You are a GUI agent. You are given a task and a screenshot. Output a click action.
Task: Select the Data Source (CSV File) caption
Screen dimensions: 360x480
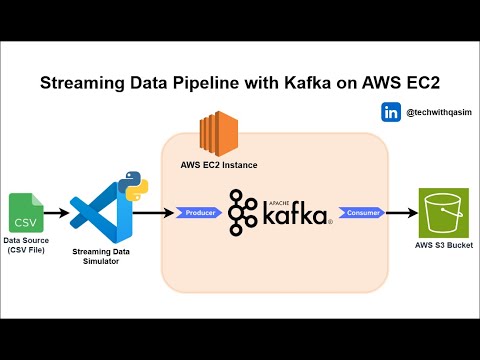pos(27,246)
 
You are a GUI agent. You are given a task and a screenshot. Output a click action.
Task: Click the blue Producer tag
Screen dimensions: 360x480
pos(200,213)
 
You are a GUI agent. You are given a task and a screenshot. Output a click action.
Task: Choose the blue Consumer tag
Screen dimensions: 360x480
pos(358,213)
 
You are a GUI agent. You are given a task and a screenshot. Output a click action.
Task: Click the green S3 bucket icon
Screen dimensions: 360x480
pos(445,211)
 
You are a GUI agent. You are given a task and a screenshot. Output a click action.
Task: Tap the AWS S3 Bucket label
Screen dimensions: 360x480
pos(445,245)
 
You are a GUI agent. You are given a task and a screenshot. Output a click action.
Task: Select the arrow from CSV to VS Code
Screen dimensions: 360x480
pos(56,213)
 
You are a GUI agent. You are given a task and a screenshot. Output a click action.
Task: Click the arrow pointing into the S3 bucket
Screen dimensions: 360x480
pos(402,213)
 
